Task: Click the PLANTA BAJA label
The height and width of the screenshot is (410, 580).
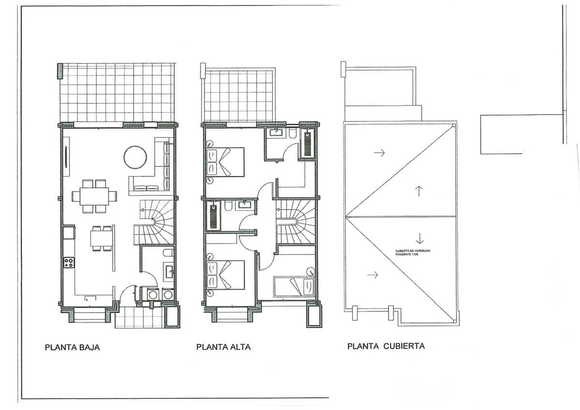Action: tap(72, 347)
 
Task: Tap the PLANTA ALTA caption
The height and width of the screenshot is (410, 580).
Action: tap(223, 347)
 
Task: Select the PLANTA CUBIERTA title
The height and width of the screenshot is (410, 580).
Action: tap(386, 346)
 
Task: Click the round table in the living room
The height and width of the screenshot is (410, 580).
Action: tap(135, 157)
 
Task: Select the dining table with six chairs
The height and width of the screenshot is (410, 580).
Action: tap(94, 196)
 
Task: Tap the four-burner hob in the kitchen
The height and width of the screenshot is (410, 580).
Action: tap(69, 263)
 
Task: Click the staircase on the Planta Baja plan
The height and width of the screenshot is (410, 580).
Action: tap(154, 222)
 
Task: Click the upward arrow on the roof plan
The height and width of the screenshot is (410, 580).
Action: tap(419, 190)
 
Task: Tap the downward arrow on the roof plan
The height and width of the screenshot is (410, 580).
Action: tap(419, 238)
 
